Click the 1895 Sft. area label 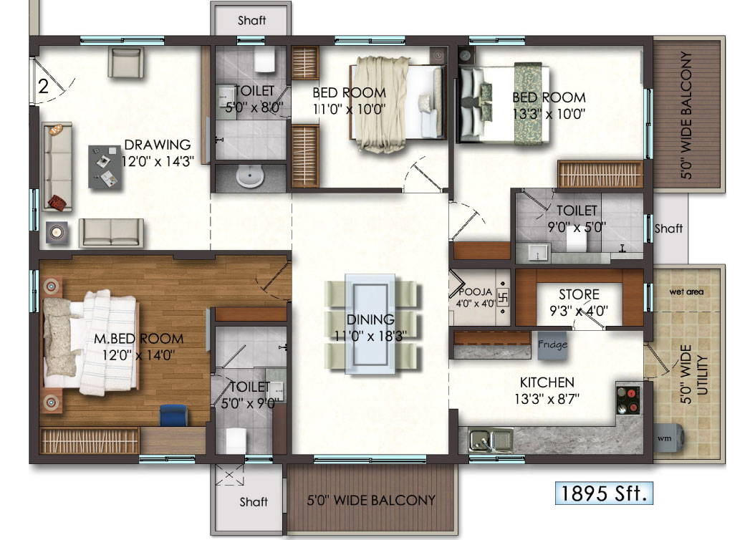[x=604, y=493]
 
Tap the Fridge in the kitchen [x=552, y=345]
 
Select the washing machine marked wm [x=668, y=438]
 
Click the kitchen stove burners [x=628, y=400]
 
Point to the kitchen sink [x=491, y=440]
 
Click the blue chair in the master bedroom [x=173, y=415]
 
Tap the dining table [x=370, y=324]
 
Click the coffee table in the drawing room [x=105, y=167]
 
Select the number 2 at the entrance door [x=43, y=86]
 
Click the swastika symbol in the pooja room [x=501, y=297]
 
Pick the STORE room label [x=579, y=294]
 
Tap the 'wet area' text [x=686, y=291]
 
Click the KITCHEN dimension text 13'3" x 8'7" [x=547, y=399]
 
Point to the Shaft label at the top [x=251, y=20]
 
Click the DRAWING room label [x=158, y=145]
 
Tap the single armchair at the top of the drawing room [x=125, y=62]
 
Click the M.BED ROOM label [x=139, y=338]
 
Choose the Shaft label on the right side [x=668, y=228]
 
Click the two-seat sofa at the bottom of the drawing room [x=111, y=233]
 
